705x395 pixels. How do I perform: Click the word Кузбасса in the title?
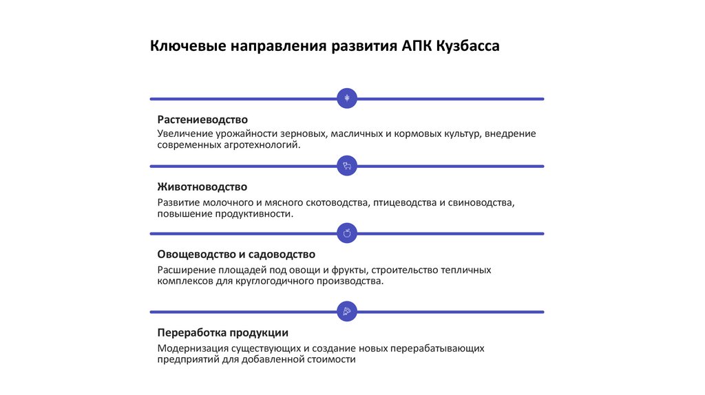coord(467,47)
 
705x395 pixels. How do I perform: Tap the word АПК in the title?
coord(415,47)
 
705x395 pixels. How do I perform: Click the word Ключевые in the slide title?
coord(187,47)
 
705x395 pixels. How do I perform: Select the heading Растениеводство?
coord(202,120)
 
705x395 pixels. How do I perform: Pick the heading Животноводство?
coord(202,187)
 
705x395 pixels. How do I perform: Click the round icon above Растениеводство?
coord(347,98)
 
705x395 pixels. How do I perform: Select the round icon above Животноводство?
coord(347,166)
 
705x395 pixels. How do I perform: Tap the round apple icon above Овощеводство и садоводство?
coord(347,233)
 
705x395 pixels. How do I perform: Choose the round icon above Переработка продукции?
coord(347,311)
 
